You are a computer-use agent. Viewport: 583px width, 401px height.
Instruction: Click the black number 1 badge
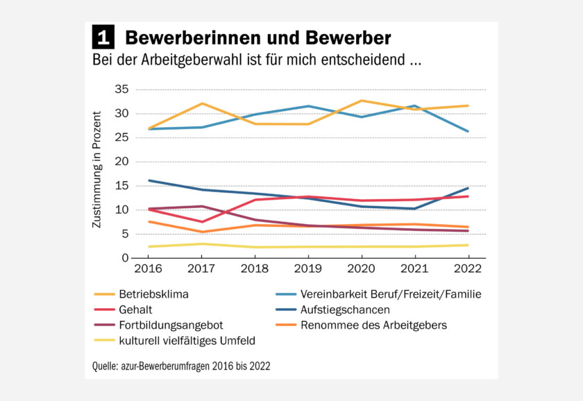click(x=104, y=36)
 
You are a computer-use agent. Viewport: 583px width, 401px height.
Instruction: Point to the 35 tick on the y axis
click(x=121, y=89)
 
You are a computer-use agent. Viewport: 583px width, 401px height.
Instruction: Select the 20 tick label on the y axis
click(x=121, y=162)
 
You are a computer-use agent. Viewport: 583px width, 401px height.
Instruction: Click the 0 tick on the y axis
click(x=125, y=258)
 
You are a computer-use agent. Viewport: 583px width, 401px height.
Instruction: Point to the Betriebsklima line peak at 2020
click(x=362, y=101)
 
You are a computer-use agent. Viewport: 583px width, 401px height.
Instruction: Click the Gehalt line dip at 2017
click(x=201, y=221)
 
